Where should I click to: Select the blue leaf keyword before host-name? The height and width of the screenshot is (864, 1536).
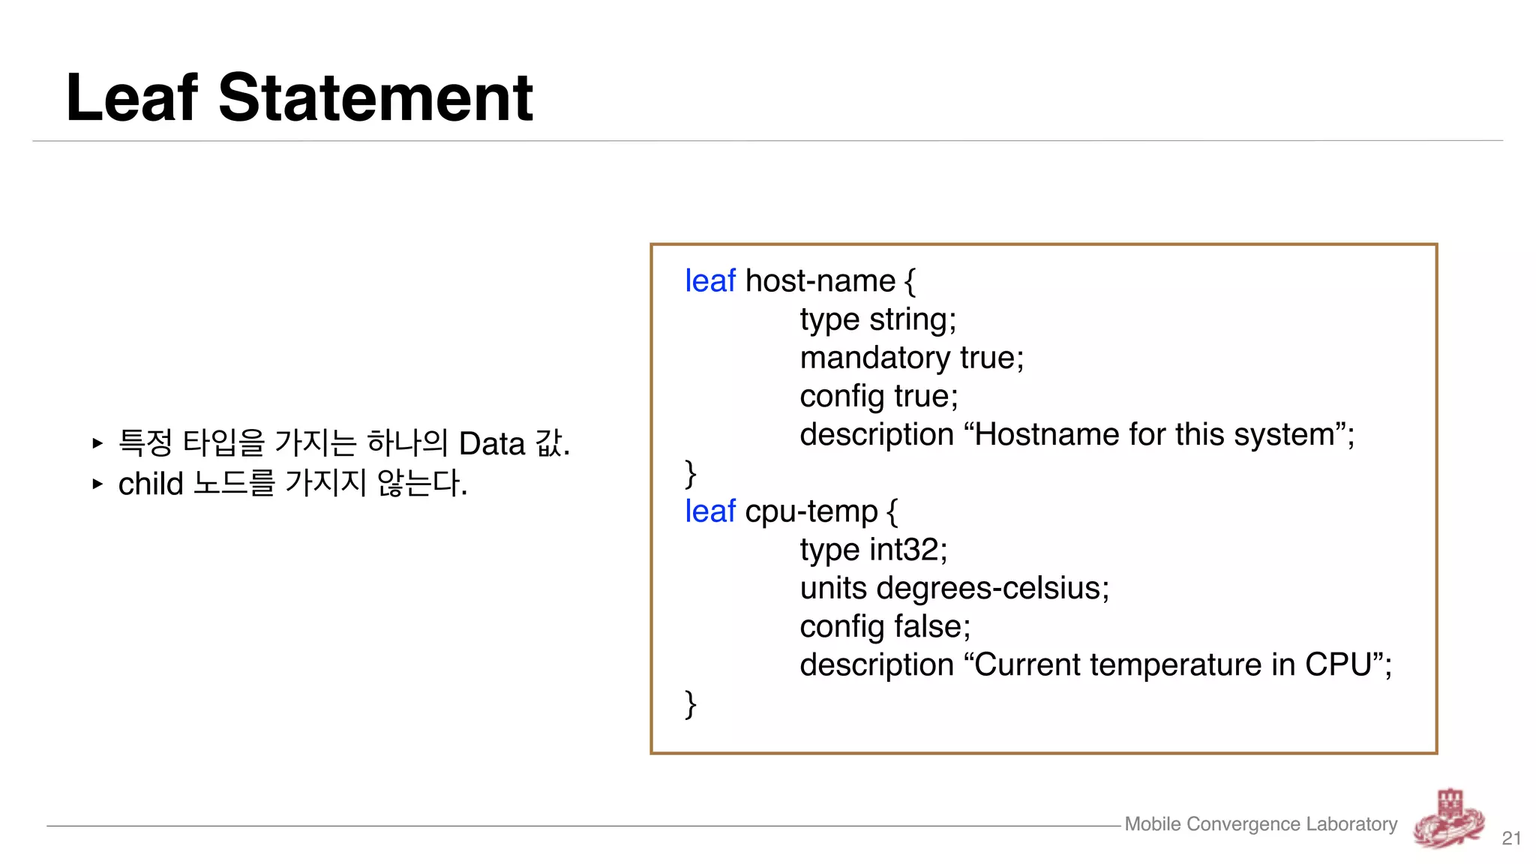(x=709, y=281)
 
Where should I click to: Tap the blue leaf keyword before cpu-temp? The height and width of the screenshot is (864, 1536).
(x=709, y=511)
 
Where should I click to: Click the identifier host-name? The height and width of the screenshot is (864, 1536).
(x=820, y=281)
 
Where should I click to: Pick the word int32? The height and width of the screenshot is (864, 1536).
(x=907, y=550)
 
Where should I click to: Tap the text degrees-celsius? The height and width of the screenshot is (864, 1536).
(x=991, y=589)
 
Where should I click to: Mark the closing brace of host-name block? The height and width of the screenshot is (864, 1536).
(x=690, y=474)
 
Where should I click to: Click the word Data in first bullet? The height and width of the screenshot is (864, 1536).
(x=491, y=444)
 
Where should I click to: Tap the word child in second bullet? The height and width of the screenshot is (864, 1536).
(x=151, y=484)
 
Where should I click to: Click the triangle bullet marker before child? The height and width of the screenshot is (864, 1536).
(x=97, y=484)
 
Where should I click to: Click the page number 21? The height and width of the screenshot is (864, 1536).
(x=1511, y=838)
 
